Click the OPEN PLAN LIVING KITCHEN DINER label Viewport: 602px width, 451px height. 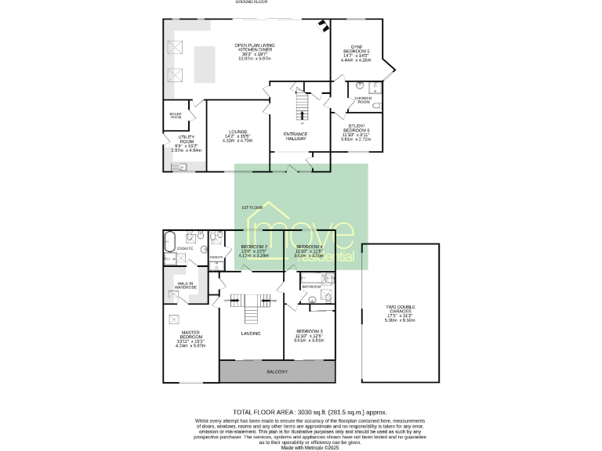tap(252, 52)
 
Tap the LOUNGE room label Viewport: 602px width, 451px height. tap(238, 135)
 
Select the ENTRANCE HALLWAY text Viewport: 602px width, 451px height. tap(296, 135)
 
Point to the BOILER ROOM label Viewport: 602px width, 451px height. tap(176, 116)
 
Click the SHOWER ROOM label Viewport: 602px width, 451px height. tap(363, 100)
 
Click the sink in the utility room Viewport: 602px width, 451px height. tap(178, 165)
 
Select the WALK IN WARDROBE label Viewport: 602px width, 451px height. tap(185, 285)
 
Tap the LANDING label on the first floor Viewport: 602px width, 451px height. tap(251, 334)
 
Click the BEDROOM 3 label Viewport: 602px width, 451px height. tap(309, 334)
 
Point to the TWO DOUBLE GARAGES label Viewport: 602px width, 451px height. tap(400, 312)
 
